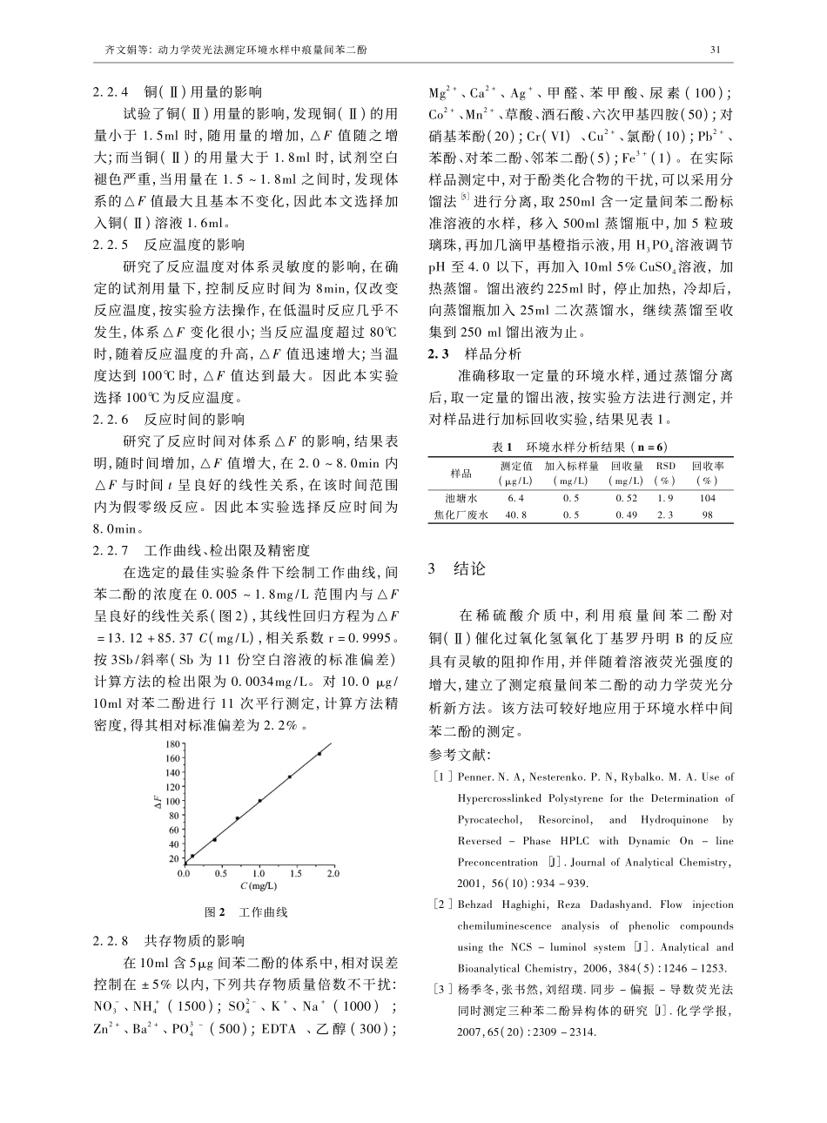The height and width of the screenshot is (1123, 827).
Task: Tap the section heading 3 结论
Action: click(461, 569)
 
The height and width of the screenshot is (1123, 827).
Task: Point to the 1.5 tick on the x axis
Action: click(296, 873)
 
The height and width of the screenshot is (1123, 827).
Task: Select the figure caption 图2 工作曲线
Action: click(245, 912)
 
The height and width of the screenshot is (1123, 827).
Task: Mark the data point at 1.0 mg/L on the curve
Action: click(259, 801)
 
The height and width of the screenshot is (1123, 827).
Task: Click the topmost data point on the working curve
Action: click(319, 754)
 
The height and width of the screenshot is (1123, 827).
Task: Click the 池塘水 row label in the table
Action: click(461, 499)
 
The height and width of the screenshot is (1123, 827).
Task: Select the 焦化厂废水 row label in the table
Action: click(461, 514)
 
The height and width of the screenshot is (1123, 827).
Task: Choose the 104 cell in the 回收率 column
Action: click(707, 499)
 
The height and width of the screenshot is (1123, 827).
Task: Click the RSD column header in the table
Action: click(665, 466)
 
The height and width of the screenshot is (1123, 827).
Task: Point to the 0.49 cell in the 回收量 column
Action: click(625, 514)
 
